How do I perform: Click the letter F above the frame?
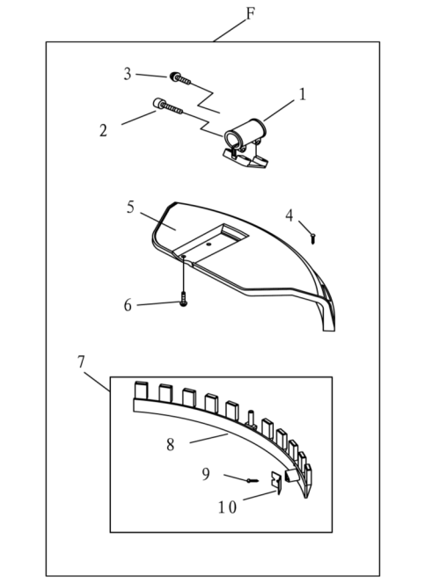251,14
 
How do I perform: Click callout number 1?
302,94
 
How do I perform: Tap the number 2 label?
103,130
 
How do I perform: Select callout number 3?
128,74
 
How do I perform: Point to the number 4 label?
289,215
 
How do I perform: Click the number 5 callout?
130,208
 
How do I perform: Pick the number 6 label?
128,305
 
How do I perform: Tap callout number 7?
81,361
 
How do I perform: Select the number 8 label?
170,444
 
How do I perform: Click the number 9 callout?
206,474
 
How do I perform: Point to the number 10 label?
227,507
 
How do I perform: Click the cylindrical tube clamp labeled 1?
246,144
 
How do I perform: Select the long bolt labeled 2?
168,106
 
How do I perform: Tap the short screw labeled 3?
180,78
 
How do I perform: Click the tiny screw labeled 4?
313,238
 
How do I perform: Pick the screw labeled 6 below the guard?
183,299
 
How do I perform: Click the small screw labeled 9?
253,481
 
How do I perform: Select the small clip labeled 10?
275,483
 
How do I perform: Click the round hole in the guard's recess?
209,244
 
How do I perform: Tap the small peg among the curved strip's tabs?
251,419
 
